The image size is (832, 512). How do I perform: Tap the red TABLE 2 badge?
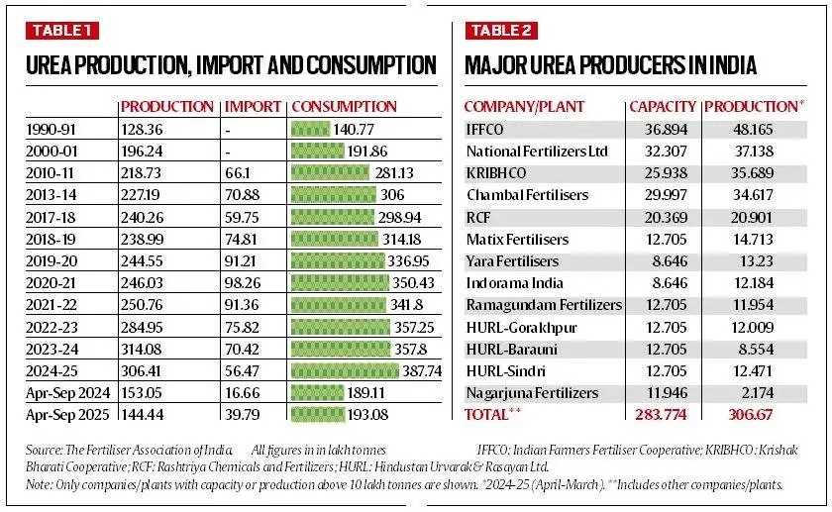[x=500, y=30]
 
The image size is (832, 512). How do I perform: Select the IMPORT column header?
[x=253, y=106]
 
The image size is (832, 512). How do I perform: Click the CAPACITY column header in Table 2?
[x=663, y=106]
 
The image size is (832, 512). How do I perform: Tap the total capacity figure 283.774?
[x=662, y=414]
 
